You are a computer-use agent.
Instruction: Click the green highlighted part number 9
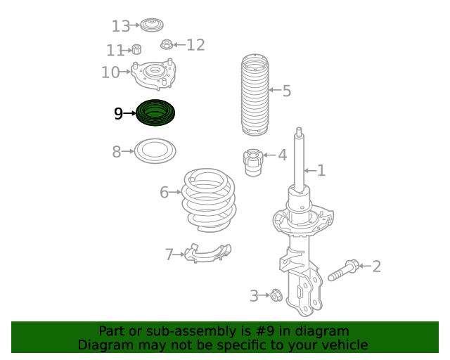tap(155, 112)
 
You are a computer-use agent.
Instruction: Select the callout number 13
tap(120, 26)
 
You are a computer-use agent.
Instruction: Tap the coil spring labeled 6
tap(209, 200)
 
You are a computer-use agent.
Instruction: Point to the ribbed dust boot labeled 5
tap(255, 94)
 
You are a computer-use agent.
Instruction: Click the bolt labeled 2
tap(344, 270)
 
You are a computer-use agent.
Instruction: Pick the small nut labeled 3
tap(276, 295)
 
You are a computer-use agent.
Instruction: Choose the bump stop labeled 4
tap(253, 162)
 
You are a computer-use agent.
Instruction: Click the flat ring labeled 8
tap(155, 151)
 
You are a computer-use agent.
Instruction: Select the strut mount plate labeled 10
tap(153, 75)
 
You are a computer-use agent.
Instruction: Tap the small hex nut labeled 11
tap(136, 49)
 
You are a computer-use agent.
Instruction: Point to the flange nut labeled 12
tap(167, 44)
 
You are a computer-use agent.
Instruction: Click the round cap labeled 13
tap(152, 25)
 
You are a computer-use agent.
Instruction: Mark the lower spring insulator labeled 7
tap(207, 253)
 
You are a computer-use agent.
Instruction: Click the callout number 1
tap(321, 171)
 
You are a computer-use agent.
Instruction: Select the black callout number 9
tap(118, 114)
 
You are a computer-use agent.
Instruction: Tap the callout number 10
tap(110, 72)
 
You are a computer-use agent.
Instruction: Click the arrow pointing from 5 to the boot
tap(275, 90)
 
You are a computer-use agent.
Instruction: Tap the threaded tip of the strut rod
tap(299, 131)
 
